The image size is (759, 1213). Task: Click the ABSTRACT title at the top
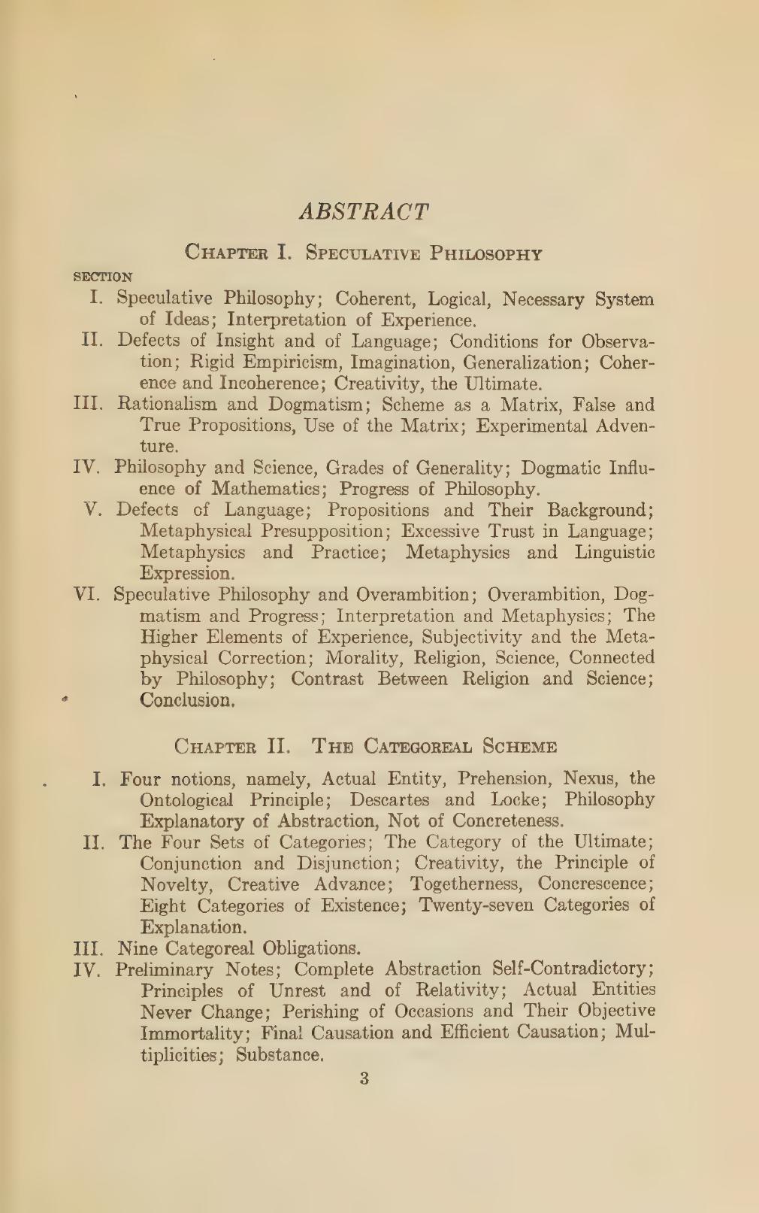pyautogui.click(x=364, y=211)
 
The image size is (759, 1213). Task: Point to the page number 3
pyautogui.click(x=364, y=1079)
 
